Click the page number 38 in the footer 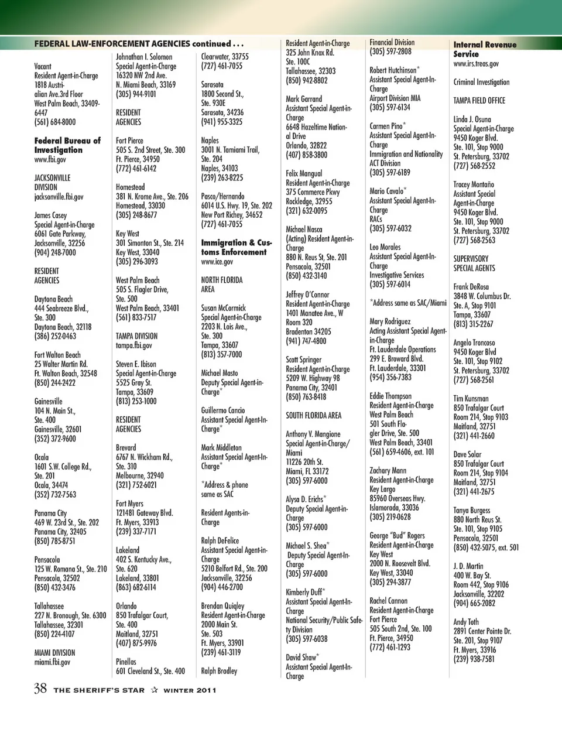coord(40,688)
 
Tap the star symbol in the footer coord(154,690)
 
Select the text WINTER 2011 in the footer coord(190,690)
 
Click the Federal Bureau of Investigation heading coord(67,145)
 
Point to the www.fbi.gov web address coord(50,159)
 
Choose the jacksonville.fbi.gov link coord(59,197)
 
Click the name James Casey coord(50,215)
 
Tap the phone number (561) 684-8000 coord(55,122)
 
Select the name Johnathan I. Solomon coord(144,57)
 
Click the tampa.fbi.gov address coord(133,345)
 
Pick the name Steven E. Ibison coord(136,364)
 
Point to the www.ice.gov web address coord(217,262)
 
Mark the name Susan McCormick coord(224,308)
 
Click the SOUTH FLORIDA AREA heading coord(313,416)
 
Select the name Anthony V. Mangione coord(313,434)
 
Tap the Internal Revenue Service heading coord(485,49)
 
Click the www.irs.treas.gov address coord(476,64)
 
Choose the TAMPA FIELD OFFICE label coord(479,101)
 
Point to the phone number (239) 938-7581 coord(474,659)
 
